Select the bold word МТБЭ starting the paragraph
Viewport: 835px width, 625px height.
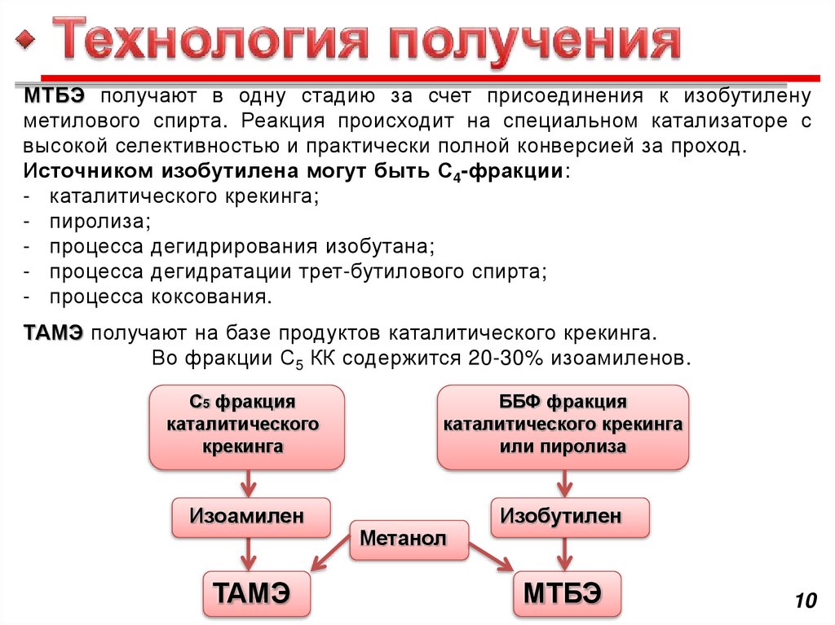[x=54, y=96]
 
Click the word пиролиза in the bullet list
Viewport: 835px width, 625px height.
[x=99, y=221]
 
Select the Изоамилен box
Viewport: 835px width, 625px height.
[x=251, y=517]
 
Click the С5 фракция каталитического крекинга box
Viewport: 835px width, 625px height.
[x=247, y=426]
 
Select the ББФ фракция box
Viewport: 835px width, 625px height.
[x=563, y=426]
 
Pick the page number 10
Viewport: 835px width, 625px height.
[x=805, y=601]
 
